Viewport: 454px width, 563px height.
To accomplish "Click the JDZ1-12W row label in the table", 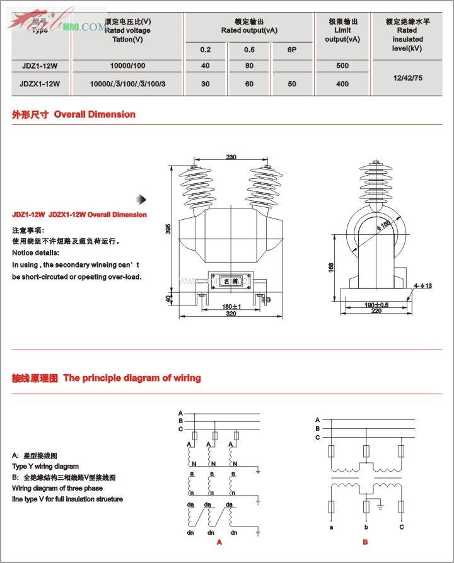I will click(40, 65).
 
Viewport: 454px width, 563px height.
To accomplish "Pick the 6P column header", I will click(291, 49).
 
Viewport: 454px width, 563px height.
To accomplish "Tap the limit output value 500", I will click(342, 65).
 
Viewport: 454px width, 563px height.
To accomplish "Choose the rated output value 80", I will click(249, 65).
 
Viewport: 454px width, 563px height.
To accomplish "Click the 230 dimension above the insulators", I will click(231, 157).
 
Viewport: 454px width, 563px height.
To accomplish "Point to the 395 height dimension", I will click(168, 229).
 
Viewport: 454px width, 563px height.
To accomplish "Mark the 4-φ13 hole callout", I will click(423, 287).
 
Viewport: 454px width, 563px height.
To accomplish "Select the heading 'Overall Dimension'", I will click(95, 114).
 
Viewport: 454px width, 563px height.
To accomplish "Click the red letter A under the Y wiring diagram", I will click(219, 542).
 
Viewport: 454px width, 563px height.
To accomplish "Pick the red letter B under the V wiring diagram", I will click(365, 542).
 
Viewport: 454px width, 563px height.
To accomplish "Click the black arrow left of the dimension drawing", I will click(143, 200).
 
